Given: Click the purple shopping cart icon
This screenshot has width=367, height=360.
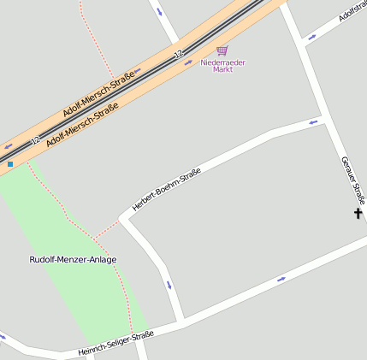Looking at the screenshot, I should [222, 51].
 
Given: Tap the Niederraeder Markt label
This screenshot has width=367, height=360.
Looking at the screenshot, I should [222, 66].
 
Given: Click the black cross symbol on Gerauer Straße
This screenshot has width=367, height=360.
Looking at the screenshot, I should [358, 213].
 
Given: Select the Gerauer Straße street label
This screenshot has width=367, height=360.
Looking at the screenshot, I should [352, 180].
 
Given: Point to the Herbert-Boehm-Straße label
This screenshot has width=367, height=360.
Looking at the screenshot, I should [166, 190].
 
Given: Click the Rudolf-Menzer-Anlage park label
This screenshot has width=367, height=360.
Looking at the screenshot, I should [73, 259].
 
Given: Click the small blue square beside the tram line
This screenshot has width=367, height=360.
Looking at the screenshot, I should [10, 163].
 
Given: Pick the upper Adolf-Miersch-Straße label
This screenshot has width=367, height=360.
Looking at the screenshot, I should [98, 95].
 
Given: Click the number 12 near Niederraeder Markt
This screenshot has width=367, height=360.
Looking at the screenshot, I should [179, 55].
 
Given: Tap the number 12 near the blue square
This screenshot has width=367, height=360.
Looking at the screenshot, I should [35, 139].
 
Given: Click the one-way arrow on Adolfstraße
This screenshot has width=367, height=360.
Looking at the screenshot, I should [311, 38].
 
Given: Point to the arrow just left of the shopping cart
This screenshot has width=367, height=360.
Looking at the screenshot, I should [189, 62].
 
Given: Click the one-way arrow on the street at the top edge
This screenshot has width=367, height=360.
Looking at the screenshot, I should [159, 11].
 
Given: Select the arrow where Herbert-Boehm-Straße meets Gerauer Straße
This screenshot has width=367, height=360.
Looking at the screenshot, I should [314, 121].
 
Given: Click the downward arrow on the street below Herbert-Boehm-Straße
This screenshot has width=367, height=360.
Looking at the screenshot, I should [169, 285].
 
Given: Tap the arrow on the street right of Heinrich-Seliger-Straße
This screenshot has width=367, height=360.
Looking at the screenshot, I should [281, 280].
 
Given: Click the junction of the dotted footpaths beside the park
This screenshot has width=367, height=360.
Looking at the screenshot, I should [96, 236].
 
